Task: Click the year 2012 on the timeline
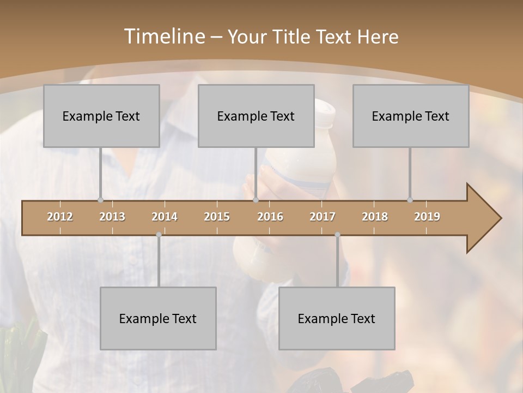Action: point(60,217)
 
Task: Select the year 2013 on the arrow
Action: point(112,217)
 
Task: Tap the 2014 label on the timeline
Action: point(165,217)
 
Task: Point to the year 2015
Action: point(217,217)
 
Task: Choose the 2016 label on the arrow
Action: point(270,217)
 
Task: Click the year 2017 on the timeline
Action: point(323,217)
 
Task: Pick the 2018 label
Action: point(375,217)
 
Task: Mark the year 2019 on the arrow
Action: point(427,217)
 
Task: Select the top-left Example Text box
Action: point(101,116)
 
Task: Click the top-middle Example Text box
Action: point(256,116)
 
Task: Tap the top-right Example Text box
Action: point(411,116)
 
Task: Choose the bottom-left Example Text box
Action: point(158,318)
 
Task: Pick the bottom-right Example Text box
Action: point(337,318)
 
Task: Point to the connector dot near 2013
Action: point(100,200)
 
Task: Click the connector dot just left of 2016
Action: point(256,200)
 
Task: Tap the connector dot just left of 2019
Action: point(410,200)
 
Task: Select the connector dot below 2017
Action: point(337,235)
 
